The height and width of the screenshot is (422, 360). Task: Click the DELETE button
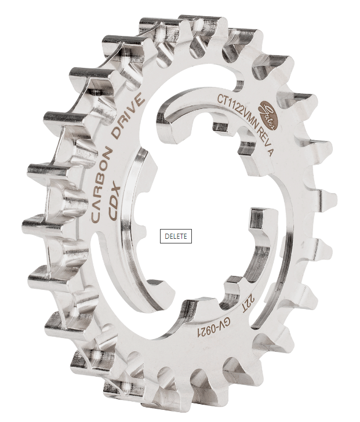[x=176, y=236]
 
